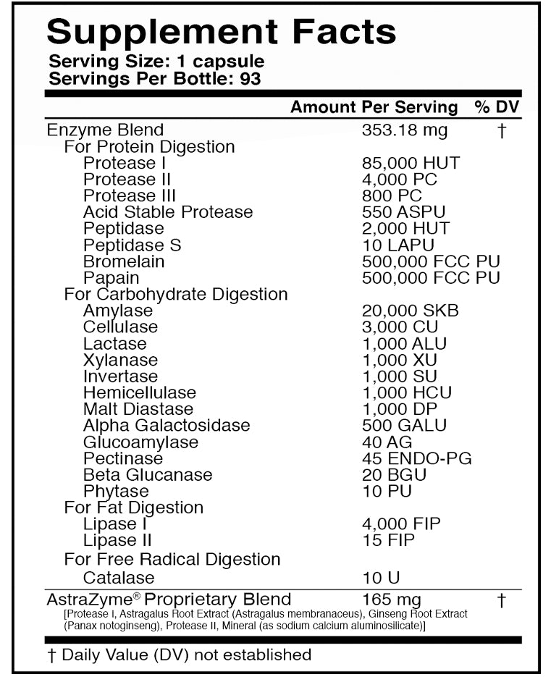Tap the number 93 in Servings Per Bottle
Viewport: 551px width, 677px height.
(250, 78)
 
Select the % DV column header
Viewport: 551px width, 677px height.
(497, 107)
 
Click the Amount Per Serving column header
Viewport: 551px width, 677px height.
(374, 107)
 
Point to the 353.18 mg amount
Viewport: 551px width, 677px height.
(404, 130)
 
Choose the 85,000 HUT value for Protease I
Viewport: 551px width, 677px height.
(411, 164)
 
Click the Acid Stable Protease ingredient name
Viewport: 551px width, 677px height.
(168, 212)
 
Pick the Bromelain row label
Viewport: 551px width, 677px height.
(124, 261)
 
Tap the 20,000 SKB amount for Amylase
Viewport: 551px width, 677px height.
(410, 311)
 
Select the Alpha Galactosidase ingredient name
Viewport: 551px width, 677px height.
(167, 425)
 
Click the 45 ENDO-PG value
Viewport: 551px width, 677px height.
(416, 458)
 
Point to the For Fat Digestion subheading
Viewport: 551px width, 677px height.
(134, 508)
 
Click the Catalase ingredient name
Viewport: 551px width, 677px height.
(119, 578)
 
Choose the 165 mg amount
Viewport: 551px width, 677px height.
(391, 600)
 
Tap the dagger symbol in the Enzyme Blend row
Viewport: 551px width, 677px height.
(501, 131)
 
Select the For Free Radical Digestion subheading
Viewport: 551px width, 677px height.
(172, 559)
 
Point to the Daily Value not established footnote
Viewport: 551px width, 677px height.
(180, 655)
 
